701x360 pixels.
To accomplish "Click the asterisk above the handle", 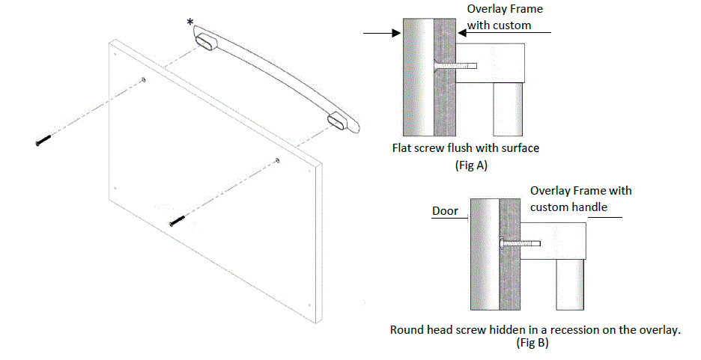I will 191,23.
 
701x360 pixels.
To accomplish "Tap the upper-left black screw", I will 42,141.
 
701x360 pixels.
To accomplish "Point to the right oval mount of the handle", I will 338,122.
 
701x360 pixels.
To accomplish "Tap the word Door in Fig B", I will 445,211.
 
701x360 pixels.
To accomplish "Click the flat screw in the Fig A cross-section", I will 452,66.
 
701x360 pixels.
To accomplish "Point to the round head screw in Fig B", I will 519,242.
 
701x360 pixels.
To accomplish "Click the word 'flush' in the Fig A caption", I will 463,148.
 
